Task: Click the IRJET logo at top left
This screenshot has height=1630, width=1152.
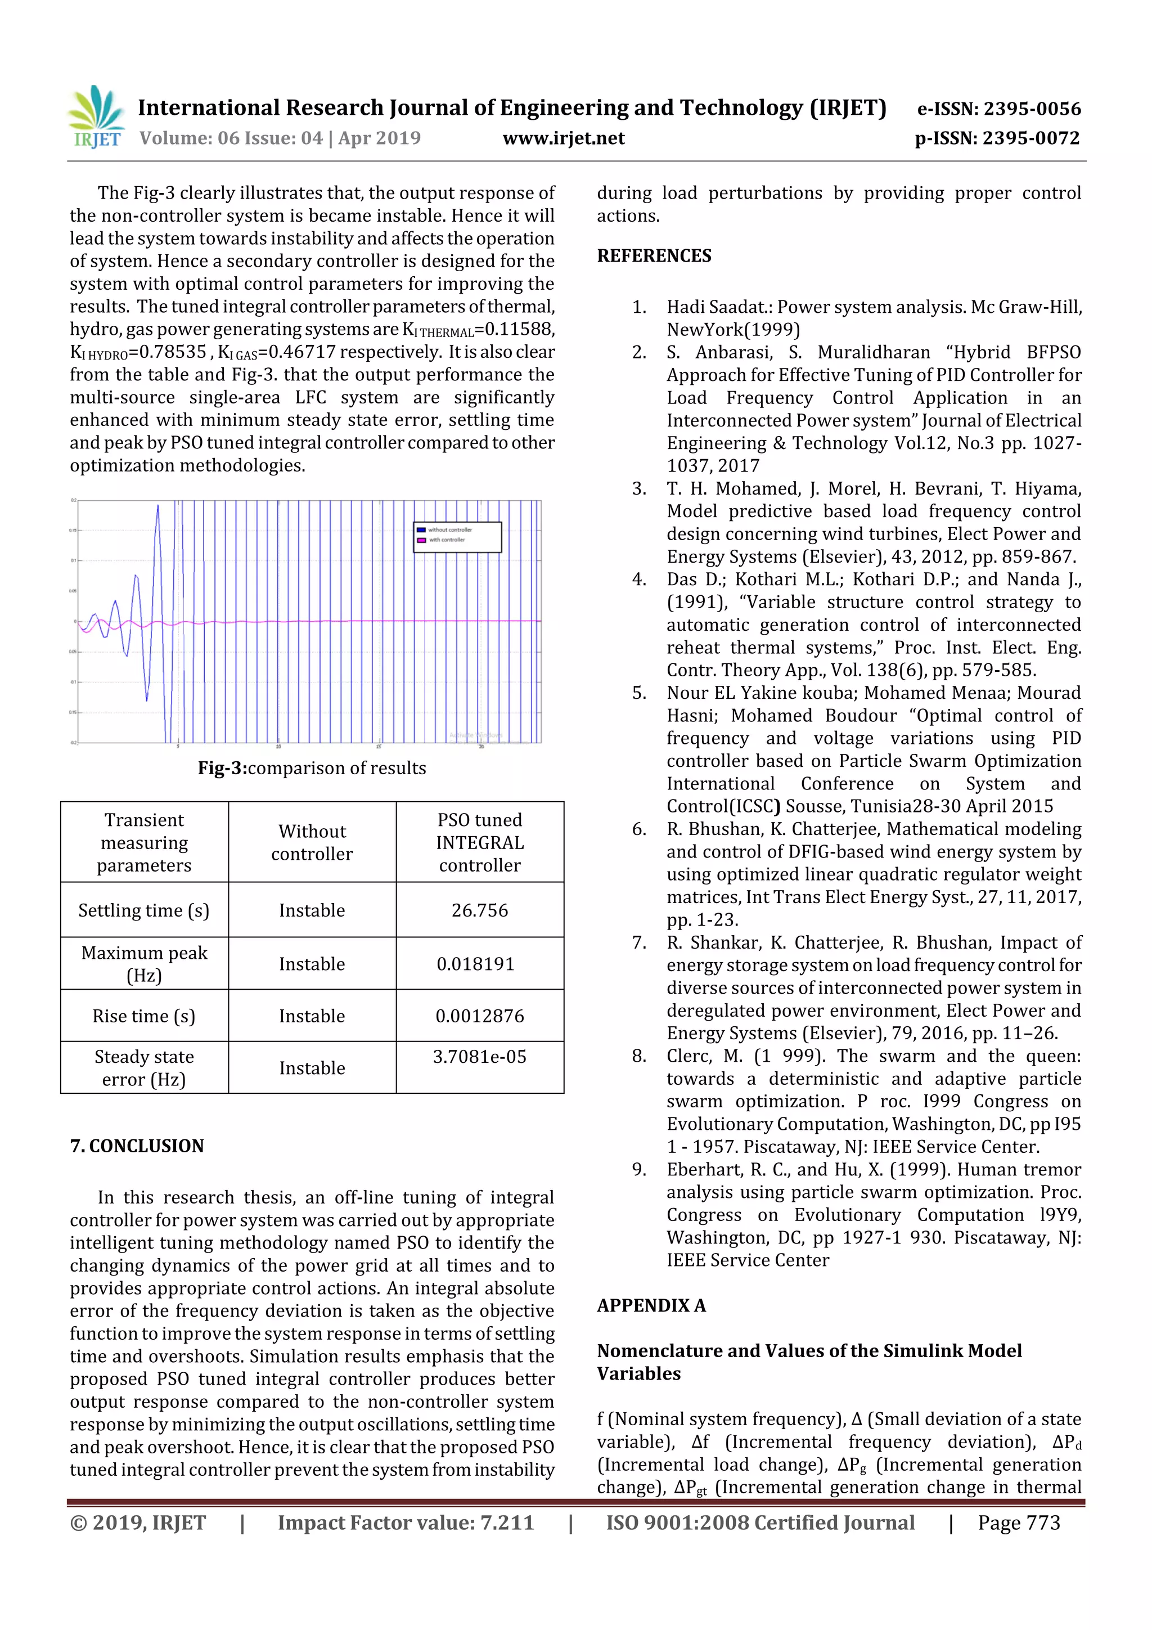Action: point(96,116)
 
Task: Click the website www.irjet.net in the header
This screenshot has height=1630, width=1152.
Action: point(563,138)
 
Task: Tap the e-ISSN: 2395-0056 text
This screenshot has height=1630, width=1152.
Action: point(998,109)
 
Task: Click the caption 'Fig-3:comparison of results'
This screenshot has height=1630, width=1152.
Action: point(312,768)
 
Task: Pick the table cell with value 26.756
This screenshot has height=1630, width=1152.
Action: point(480,910)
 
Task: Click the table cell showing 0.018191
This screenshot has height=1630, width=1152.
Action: point(475,963)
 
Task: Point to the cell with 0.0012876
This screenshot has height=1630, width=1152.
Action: point(480,1016)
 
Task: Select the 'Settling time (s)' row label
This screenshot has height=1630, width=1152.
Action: point(144,910)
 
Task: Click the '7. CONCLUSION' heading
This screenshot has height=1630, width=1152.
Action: point(137,1146)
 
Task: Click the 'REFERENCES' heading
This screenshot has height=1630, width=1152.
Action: point(654,255)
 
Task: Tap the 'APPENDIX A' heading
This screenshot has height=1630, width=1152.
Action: point(651,1305)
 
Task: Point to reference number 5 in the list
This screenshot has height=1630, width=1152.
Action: point(639,693)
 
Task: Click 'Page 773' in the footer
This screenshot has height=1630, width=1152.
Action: point(1019,1523)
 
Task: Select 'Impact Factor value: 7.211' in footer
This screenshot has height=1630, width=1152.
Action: point(406,1523)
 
